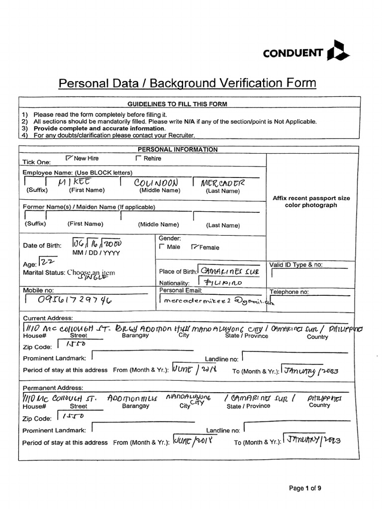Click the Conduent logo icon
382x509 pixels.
tap(339, 51)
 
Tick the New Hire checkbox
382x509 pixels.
tap(69, 158)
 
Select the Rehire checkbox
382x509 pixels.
tap(138, 158)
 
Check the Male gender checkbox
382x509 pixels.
tap(161, 247)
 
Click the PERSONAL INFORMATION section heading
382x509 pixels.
tap(177, 149)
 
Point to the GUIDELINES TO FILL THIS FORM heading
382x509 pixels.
tap(177, 104)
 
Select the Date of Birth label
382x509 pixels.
tap(42, 245)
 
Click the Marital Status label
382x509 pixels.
tap(44, 272)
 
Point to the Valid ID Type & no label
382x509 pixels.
tap(295, 264)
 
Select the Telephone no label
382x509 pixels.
tap(289, 292)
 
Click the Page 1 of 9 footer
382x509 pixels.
tap(305, 488)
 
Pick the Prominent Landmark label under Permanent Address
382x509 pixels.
tap(54, 430)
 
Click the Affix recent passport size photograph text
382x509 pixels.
tap(311, 201)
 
